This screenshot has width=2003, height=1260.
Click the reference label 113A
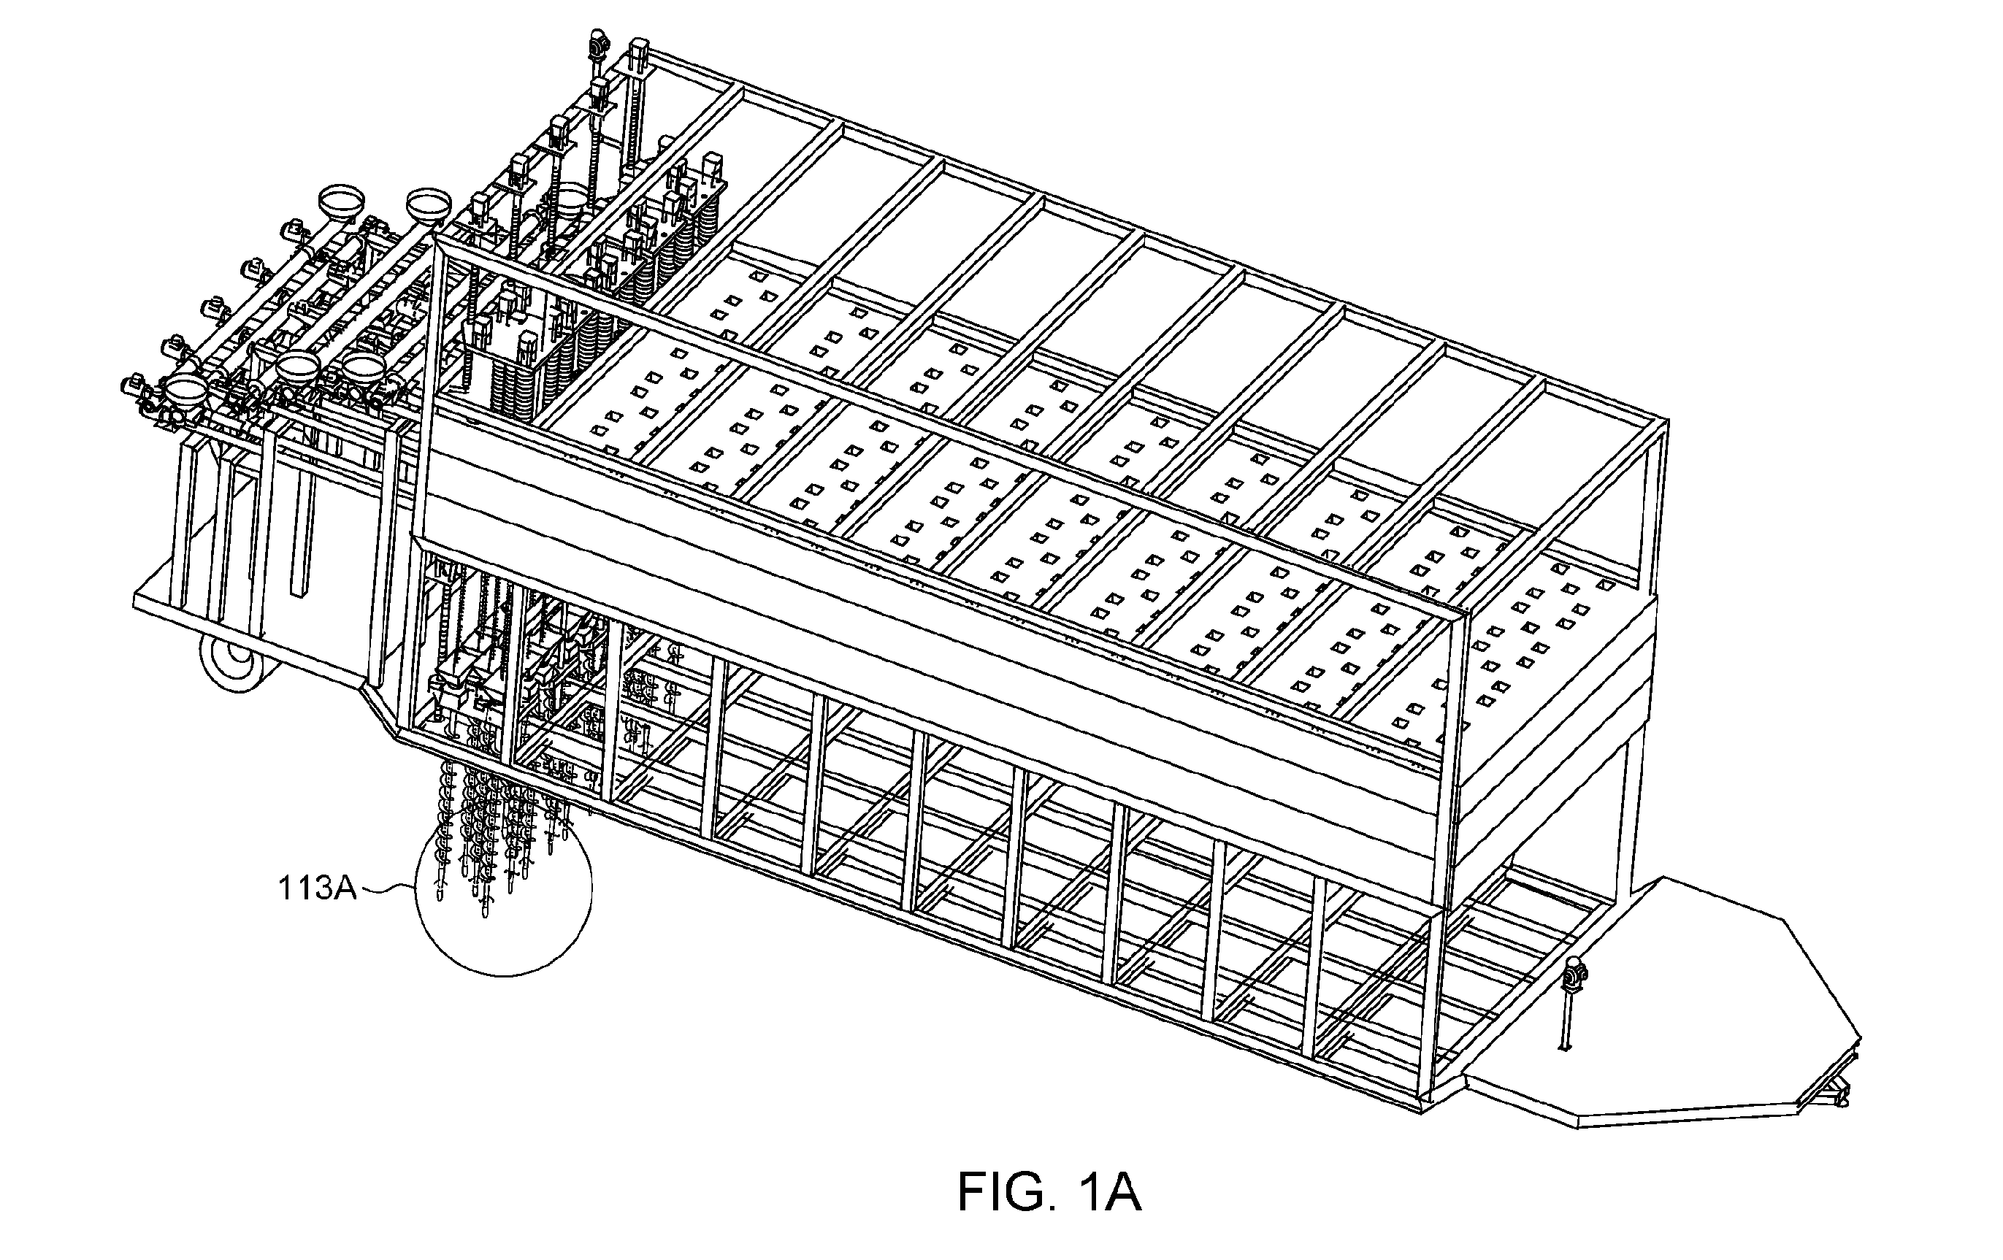[317, 888]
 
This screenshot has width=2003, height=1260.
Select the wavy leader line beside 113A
[387, 890]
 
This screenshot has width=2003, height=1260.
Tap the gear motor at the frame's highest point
[597, 42]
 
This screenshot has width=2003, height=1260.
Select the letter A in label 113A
[345, 888]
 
